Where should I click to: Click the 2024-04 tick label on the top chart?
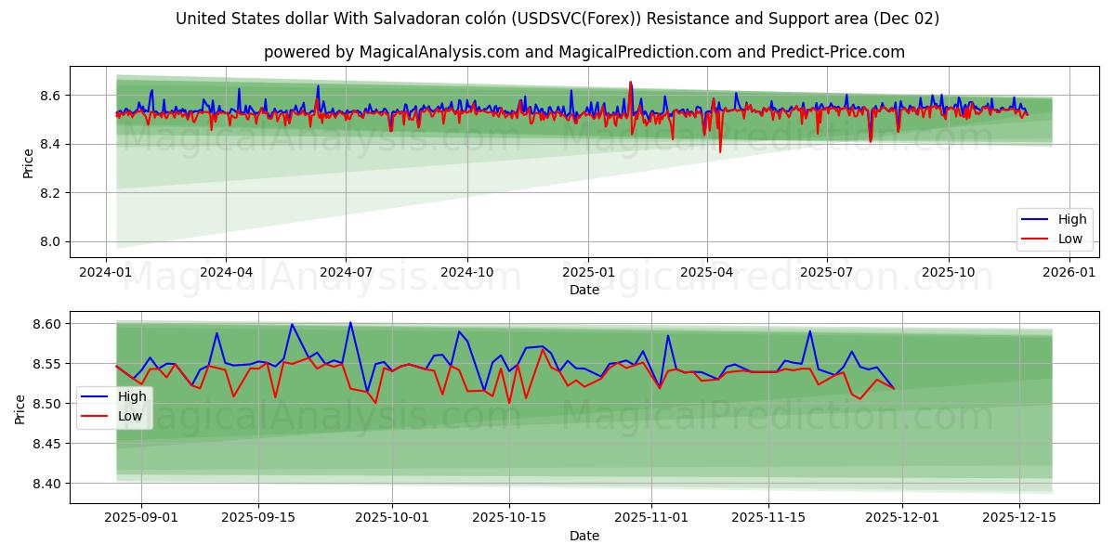226,273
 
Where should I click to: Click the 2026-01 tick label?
1069,273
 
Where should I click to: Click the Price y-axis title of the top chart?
28,163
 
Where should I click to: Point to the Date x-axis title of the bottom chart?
584,536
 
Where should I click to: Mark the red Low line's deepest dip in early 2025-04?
720,151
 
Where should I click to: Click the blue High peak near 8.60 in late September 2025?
350,322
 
